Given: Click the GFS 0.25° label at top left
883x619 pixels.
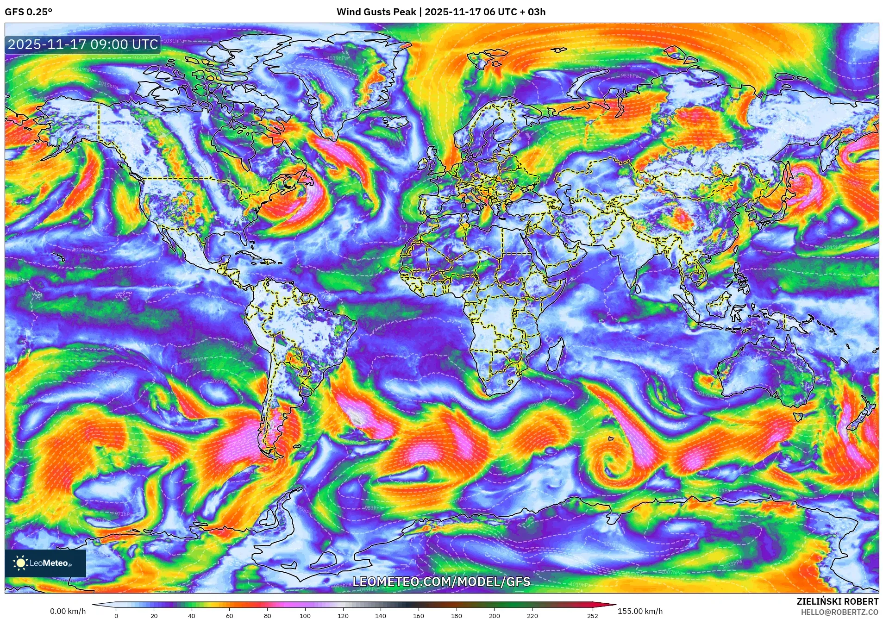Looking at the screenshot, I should point(28,12).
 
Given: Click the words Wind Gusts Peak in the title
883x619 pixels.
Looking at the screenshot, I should point(376,12).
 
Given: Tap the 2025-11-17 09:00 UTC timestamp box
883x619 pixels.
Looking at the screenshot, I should point(83,44).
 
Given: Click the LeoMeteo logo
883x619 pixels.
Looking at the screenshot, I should point(45,563).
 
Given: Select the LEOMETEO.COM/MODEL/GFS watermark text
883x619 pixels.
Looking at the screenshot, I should point(441,582).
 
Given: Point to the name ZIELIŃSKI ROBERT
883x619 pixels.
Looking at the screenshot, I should point(837,601).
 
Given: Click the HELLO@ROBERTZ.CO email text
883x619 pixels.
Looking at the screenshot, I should point(839,612).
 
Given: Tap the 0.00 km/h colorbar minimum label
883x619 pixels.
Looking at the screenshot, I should point(68,611).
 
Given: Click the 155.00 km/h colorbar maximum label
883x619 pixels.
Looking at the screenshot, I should point(640,611).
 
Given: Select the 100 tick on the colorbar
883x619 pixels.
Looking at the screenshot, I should point(305,616).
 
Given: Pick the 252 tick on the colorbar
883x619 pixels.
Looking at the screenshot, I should point(593,616).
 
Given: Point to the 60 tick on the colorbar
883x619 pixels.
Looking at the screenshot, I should point(229,616).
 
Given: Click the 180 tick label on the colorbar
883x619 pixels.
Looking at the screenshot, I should point(456,616).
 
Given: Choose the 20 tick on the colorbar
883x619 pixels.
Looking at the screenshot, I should point(154,616).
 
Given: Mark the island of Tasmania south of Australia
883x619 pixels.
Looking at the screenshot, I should point(798,416).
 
